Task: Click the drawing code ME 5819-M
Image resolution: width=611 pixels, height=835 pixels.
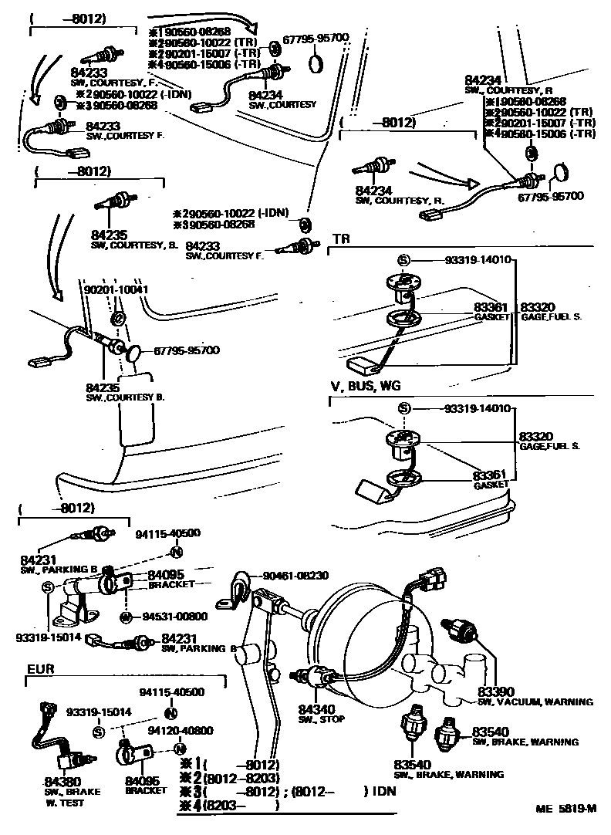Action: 567,810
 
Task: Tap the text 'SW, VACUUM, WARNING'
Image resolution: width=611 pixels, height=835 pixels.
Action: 535,702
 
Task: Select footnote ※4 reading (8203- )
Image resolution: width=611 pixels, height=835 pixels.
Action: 228,805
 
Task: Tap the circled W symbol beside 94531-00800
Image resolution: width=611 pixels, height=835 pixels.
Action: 125,616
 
